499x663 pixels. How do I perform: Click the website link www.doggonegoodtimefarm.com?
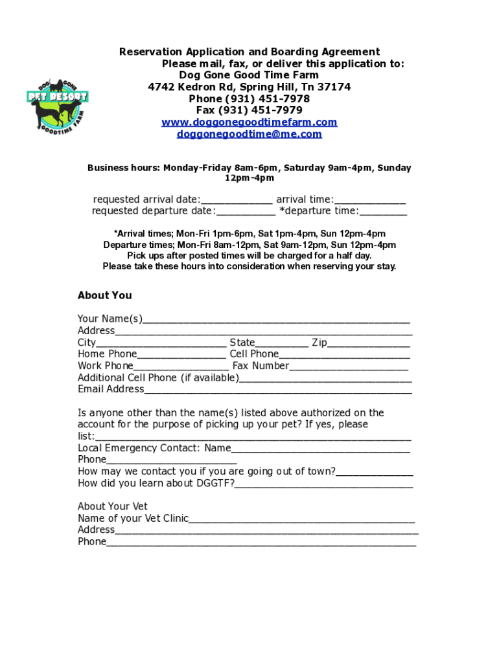pos(250,122)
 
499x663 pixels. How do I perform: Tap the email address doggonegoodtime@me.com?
pos(250,134)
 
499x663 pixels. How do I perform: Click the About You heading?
pos(104,295)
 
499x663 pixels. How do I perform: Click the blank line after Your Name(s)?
pos(276,319)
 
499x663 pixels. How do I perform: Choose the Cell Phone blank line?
pos(344,355)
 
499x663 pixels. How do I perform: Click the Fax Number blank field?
pos(349,366)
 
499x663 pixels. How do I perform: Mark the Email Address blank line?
pos(278,390)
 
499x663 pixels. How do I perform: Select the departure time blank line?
pos(383,212)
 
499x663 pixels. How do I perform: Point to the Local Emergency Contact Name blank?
pos(320,449)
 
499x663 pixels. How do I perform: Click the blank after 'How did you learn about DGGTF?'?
pos(324,484)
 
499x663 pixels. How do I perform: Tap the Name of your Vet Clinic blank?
pos(302,519)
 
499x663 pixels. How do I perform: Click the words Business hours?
pos(123,168)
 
